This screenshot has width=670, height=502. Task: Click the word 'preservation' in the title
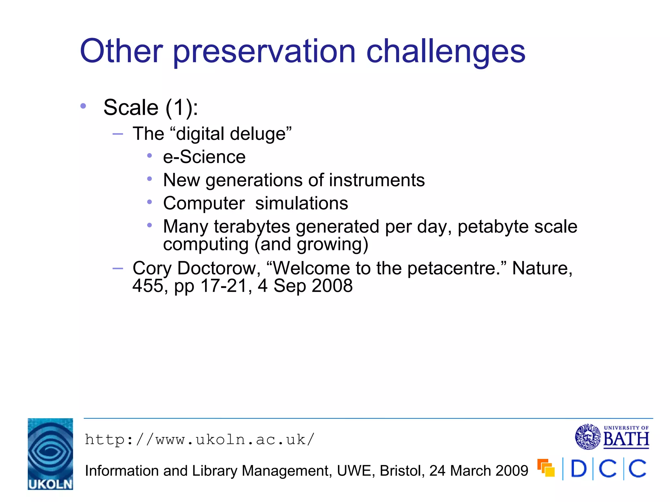click(x=264, y=52)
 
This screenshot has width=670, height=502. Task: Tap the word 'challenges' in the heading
click(x=445, y=52)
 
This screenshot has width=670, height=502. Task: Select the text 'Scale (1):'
click(x=150, y=108)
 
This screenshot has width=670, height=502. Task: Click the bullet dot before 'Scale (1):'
click(x=83, y=106)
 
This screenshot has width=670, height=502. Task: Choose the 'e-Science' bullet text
click(x=204, y=157)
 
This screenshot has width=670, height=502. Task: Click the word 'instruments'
click(x=377, y=180)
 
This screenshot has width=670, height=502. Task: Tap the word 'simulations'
click(x=301, y=203)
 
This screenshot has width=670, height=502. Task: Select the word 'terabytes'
click(x=252, y=226)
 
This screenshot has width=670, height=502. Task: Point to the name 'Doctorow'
click(x=219, y=268)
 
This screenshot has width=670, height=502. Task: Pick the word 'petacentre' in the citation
click(x=451, y=268)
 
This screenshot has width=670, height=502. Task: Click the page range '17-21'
click(x=226, y=286)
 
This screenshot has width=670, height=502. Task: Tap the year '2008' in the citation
click(x=332, y=286)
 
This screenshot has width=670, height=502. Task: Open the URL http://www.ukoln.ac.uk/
click(x=200, y=440)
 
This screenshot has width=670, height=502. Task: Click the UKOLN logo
click(x=50, y=454)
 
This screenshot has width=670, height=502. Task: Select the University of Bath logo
click(x=612, y=437)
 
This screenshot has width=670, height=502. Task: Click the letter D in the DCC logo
click(x=578, y=469)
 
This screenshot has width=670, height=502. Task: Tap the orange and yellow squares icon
click(x=546, y=468)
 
